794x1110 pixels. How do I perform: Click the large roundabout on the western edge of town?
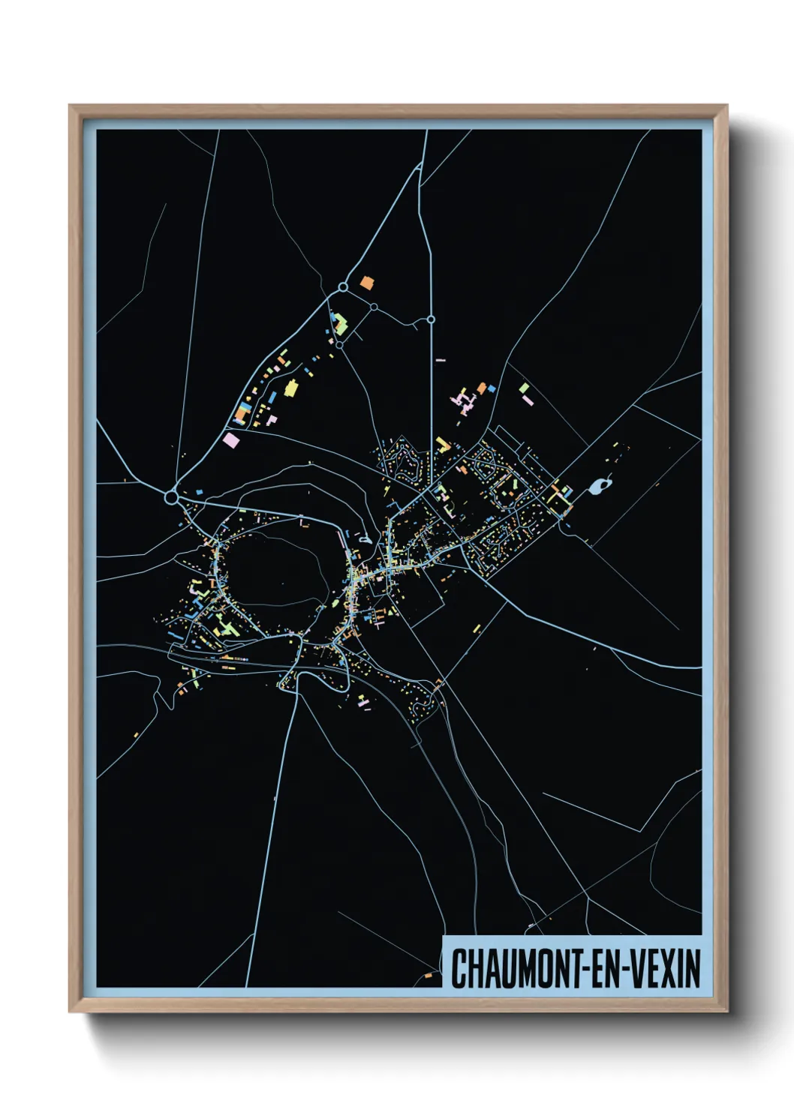(172, 496)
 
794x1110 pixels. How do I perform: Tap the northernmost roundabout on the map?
(343, 286)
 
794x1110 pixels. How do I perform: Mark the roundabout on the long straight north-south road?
(431, 319)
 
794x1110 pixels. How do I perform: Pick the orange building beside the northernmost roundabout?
(366, 282)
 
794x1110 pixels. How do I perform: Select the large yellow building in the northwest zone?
(290, 388)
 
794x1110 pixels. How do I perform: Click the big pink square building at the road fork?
(230, 439)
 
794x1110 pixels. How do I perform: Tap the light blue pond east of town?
(598, 487)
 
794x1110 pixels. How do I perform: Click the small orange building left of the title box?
(429, 976)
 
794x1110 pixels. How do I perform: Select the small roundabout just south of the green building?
(339, 345)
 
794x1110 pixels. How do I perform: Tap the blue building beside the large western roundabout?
(200, 492)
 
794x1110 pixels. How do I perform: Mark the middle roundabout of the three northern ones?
(373, 307)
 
